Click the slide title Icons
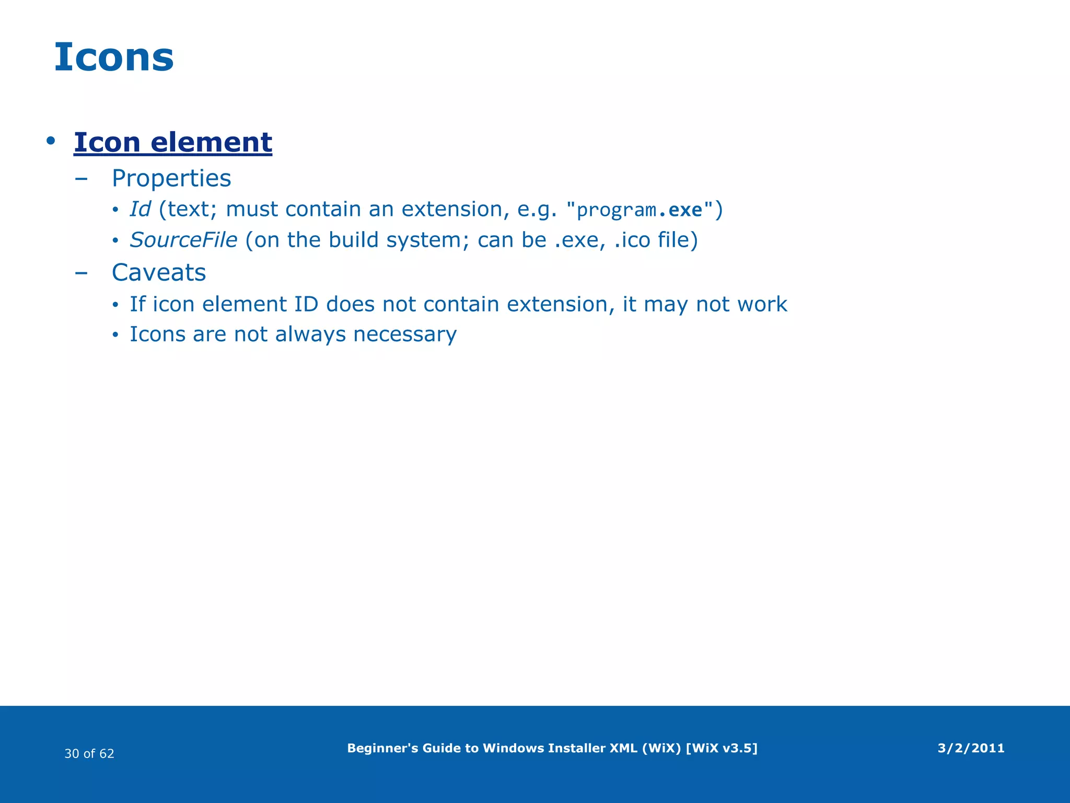[114, 57]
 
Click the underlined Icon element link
[173, 142]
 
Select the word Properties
[171, 178]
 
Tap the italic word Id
[140, 209]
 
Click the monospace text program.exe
[639, 210]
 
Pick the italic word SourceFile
[183, 240]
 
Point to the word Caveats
[159, 272]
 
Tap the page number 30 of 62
[89, 753]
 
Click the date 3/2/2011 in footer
[971, 748]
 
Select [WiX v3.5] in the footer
[721, 748]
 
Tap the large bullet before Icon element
[50, 141]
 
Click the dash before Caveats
[81, 273]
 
